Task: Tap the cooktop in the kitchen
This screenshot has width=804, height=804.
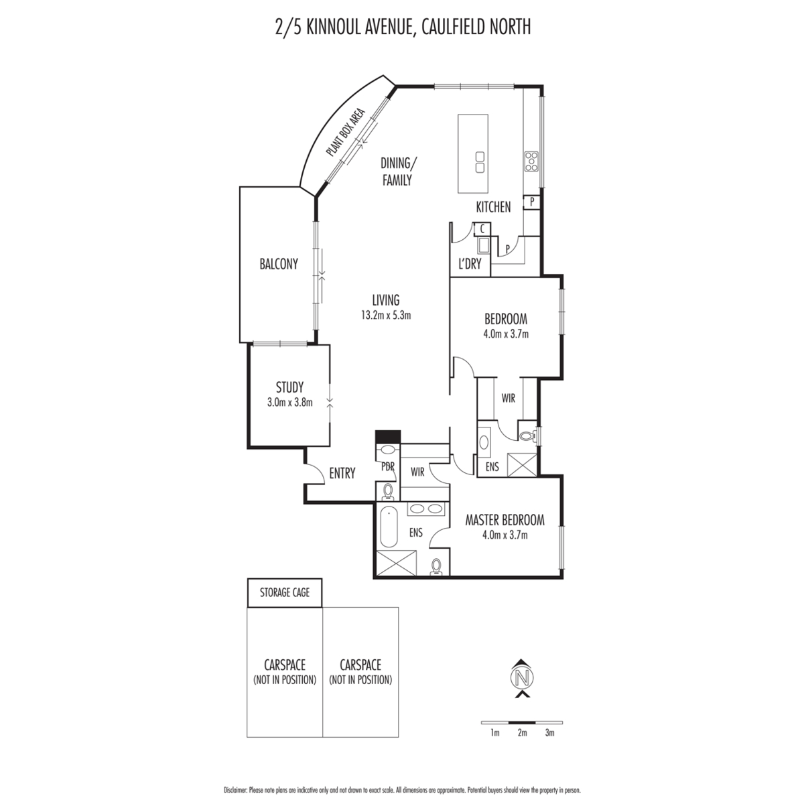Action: [x=531, y=161]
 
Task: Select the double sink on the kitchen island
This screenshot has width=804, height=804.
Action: [x=480, y=162]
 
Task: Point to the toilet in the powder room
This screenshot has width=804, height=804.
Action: [x=389, y=492]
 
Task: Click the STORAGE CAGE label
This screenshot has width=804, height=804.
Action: [x=285, y=592]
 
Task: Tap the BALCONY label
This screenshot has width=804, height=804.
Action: [x=279, y=264]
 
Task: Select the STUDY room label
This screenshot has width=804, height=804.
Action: [x=289, y=387]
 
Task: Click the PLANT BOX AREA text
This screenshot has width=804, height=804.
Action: [x=346, y=132]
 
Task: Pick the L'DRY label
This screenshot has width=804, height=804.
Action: [x=470, y=264]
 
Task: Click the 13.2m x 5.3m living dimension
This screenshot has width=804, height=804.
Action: [x=386, y=316]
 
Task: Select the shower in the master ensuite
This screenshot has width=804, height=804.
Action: [x=397, y=563]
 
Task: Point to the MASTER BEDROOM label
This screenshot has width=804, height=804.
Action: [x=505, y=520]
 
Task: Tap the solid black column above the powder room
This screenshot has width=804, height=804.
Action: [x=388, y=438]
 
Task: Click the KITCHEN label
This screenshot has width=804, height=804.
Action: [x=494, y=207]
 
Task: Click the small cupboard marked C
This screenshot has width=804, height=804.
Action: [x=482, y=228]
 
